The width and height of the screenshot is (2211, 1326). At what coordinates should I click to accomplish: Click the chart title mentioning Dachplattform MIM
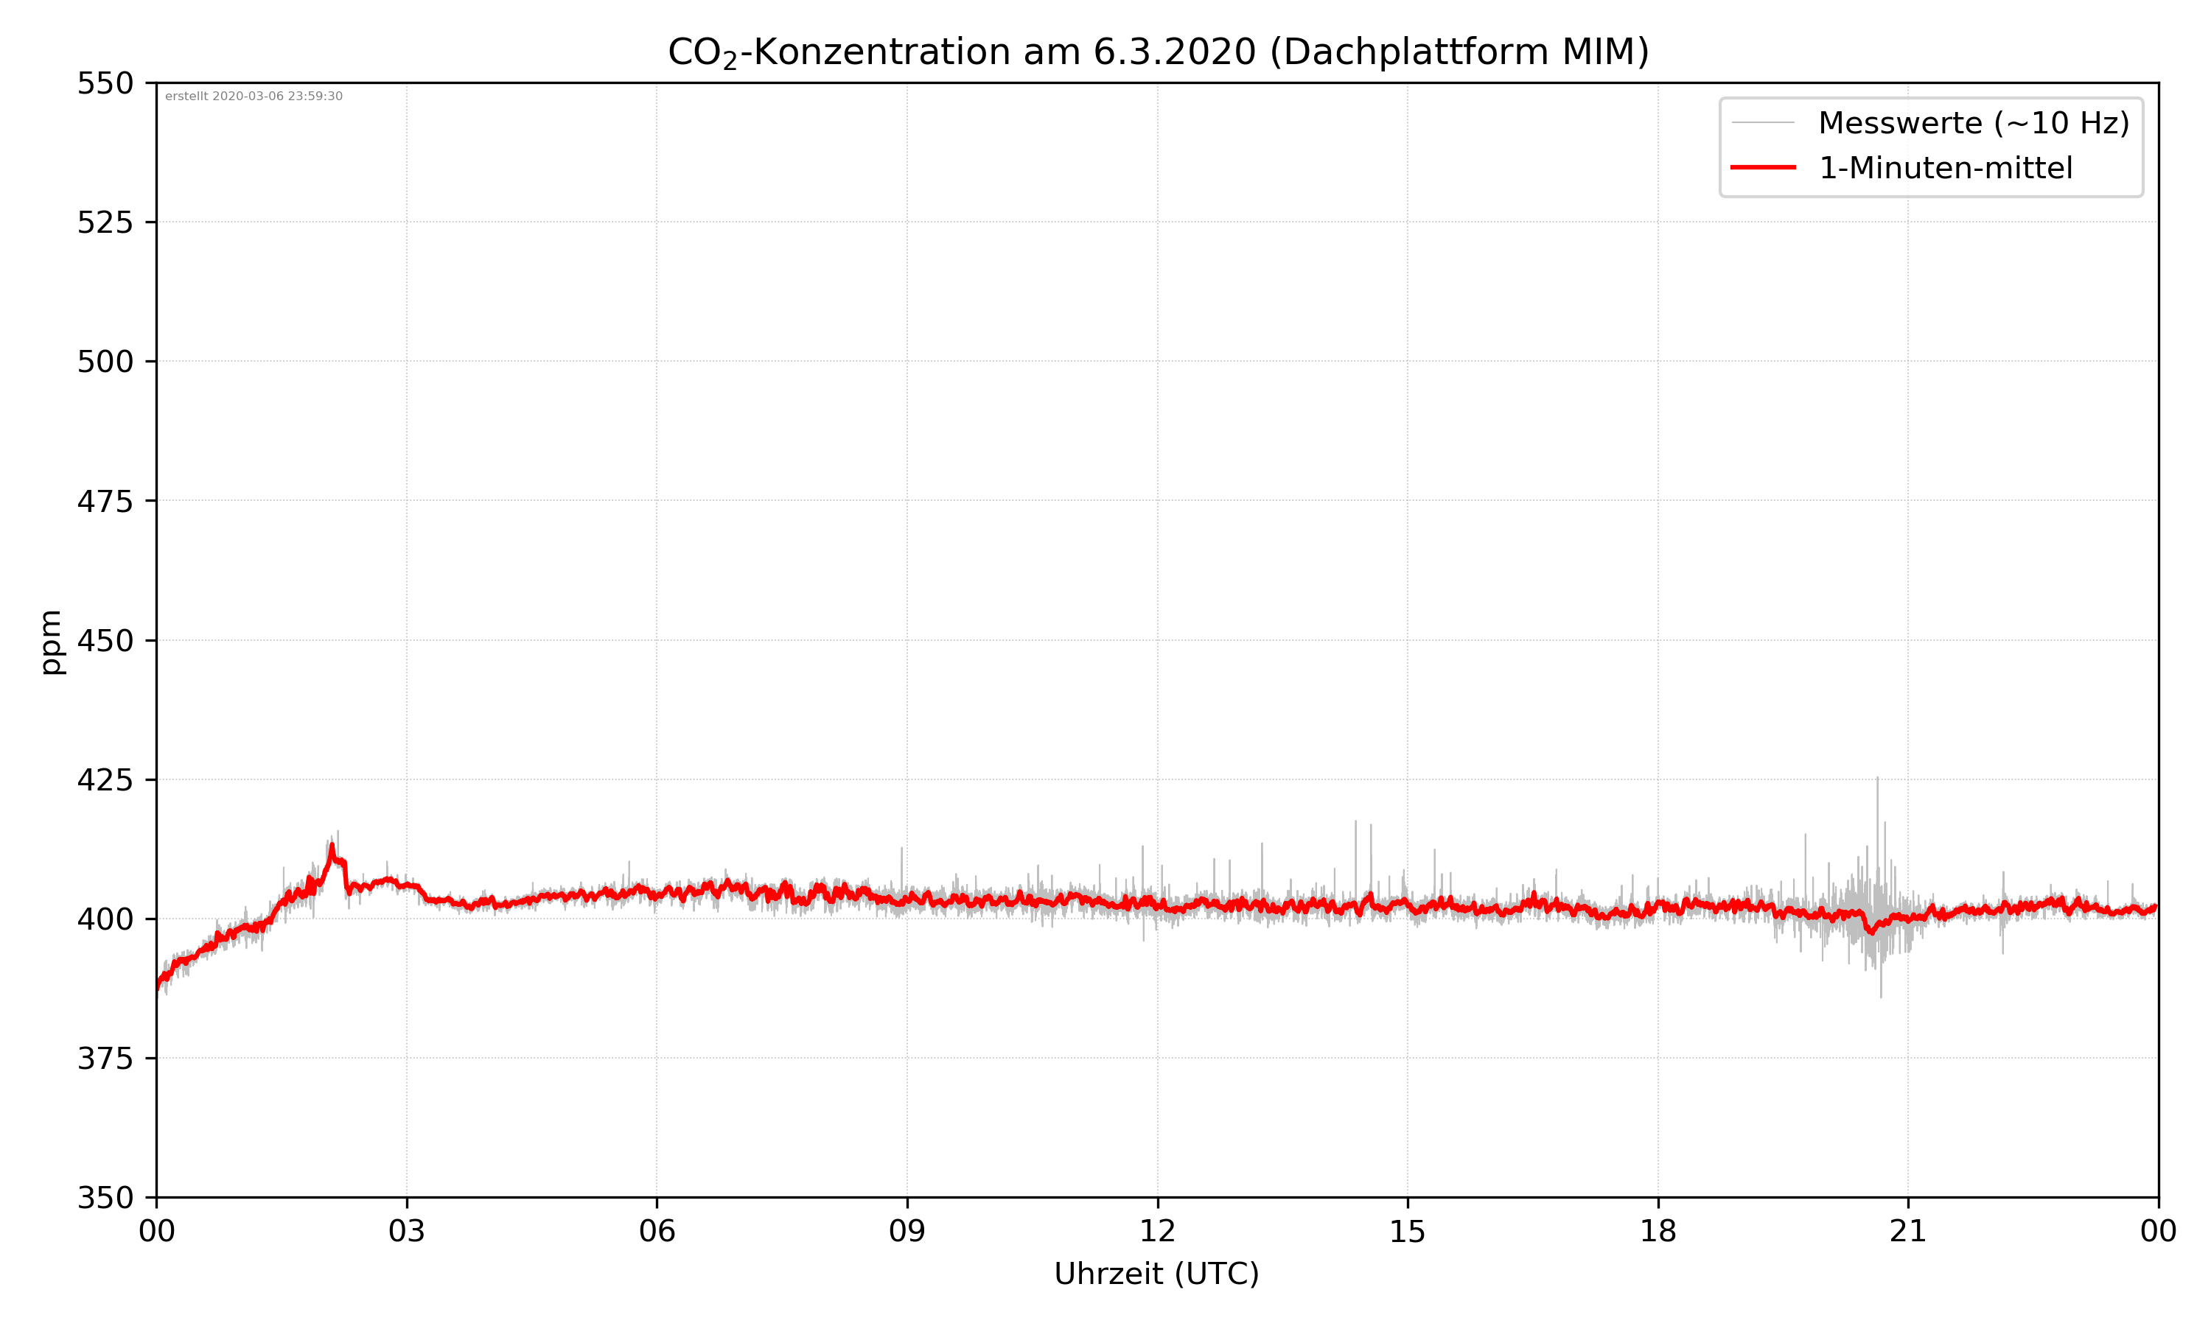(1157, 52)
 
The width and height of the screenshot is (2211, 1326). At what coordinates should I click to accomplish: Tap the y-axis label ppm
(51, 642)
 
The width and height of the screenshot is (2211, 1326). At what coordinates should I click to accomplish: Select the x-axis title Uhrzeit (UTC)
(1156, 1273)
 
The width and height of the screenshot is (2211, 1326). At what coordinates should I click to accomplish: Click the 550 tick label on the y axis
(105, 83)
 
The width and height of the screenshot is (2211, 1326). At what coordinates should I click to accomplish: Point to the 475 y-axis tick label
(105, 501)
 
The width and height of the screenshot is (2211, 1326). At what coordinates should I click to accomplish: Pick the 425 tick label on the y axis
(105, 780)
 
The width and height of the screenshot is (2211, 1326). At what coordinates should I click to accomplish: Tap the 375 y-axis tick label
(105, 1059)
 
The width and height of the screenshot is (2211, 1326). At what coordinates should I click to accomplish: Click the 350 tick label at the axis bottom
(105, 1199)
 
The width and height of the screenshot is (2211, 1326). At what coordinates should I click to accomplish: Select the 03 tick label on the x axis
(407, 1231)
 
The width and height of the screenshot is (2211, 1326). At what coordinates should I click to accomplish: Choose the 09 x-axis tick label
(907, 1231)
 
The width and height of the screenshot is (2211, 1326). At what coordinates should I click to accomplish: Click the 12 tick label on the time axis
(1157, 1231)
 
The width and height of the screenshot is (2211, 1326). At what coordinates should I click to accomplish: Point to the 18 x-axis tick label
(1658, 1231)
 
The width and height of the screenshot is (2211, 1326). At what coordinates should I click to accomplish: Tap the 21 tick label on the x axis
(1908, 1231)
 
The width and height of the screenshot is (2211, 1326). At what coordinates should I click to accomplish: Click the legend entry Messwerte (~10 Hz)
(1973, 123)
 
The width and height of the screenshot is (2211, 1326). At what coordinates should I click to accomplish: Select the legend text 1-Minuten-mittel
(1945, 168)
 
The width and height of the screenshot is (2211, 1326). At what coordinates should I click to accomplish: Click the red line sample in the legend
(1762, 167)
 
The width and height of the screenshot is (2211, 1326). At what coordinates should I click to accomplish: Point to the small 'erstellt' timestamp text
(254, 97)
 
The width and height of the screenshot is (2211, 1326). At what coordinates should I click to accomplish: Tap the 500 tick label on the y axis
(105, 362)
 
